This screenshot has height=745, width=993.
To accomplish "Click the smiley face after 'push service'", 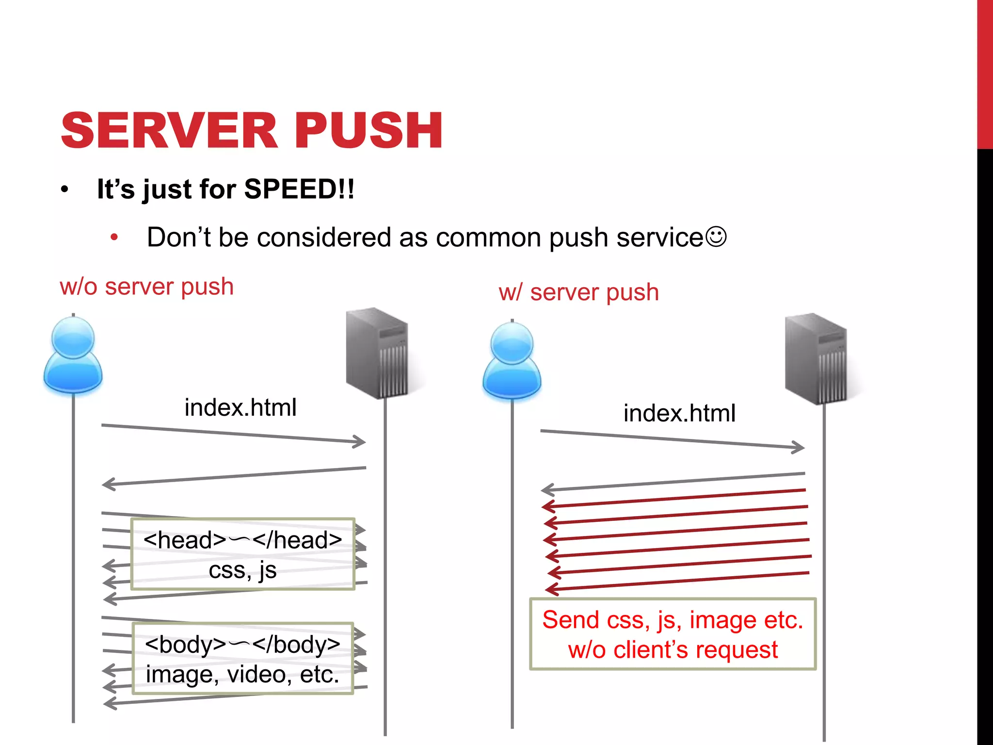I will pos(716,237).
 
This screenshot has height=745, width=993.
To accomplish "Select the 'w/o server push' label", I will pos(146,286).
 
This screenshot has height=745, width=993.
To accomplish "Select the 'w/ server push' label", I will pos(578,292).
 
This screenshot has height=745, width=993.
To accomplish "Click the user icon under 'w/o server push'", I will pos(73,355).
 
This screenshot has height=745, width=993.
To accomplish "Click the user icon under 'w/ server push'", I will pos(512,361).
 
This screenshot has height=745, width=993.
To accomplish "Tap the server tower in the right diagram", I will pos(817,359).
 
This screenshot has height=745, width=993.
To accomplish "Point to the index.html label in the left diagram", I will pos(240,407).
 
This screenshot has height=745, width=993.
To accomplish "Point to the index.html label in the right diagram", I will pos(679,413).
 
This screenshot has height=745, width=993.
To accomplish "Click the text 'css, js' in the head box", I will pos(242,570).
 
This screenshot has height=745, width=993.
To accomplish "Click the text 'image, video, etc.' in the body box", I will pos(242,674).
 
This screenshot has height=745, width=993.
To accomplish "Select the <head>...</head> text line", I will pos(242,540).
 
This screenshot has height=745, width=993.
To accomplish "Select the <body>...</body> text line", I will pos(242,644).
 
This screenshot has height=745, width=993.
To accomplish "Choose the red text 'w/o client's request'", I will pos(673,650).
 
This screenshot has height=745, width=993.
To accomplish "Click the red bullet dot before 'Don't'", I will pos(114,238).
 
